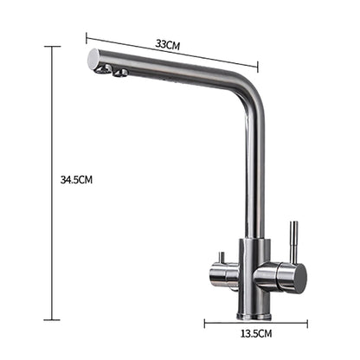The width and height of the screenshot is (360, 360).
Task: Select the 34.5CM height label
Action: (x=76, y=179)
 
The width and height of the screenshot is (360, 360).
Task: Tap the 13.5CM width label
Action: (x=257, y=331)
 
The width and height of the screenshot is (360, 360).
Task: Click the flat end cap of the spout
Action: (x=93, y=60)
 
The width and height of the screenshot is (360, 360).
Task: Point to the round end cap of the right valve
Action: (x=297, y=277)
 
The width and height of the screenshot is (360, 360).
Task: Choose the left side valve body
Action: (x=222, y=274)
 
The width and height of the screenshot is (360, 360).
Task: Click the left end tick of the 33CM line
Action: (x=86, y=36)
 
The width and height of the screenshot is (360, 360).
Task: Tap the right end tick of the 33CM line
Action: (x=258, y=66)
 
